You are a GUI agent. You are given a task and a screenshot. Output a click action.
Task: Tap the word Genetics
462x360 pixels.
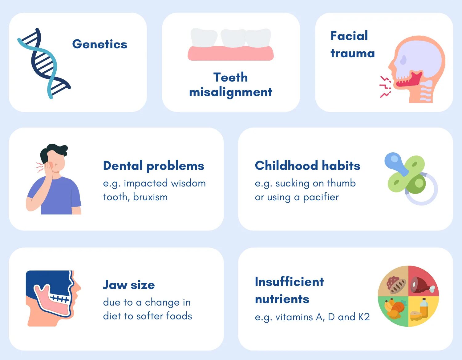(99, 44)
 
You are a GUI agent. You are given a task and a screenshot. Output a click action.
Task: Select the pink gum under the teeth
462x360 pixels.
(230, 53)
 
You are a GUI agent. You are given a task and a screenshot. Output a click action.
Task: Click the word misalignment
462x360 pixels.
(230, 92)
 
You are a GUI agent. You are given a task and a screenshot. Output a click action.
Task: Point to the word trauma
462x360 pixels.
(352, 54)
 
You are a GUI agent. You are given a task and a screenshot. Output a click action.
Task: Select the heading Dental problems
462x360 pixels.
(153, 166)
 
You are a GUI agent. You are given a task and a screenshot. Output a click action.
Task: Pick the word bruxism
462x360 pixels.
(150, 197)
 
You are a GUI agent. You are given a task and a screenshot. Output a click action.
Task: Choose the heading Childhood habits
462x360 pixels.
(307, 166)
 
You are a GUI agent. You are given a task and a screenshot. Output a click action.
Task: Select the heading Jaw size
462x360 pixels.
(129, 285)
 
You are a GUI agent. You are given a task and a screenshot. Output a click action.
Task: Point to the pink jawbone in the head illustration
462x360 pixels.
(52, 303)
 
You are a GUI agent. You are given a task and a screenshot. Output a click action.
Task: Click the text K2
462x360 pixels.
(364, 317)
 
